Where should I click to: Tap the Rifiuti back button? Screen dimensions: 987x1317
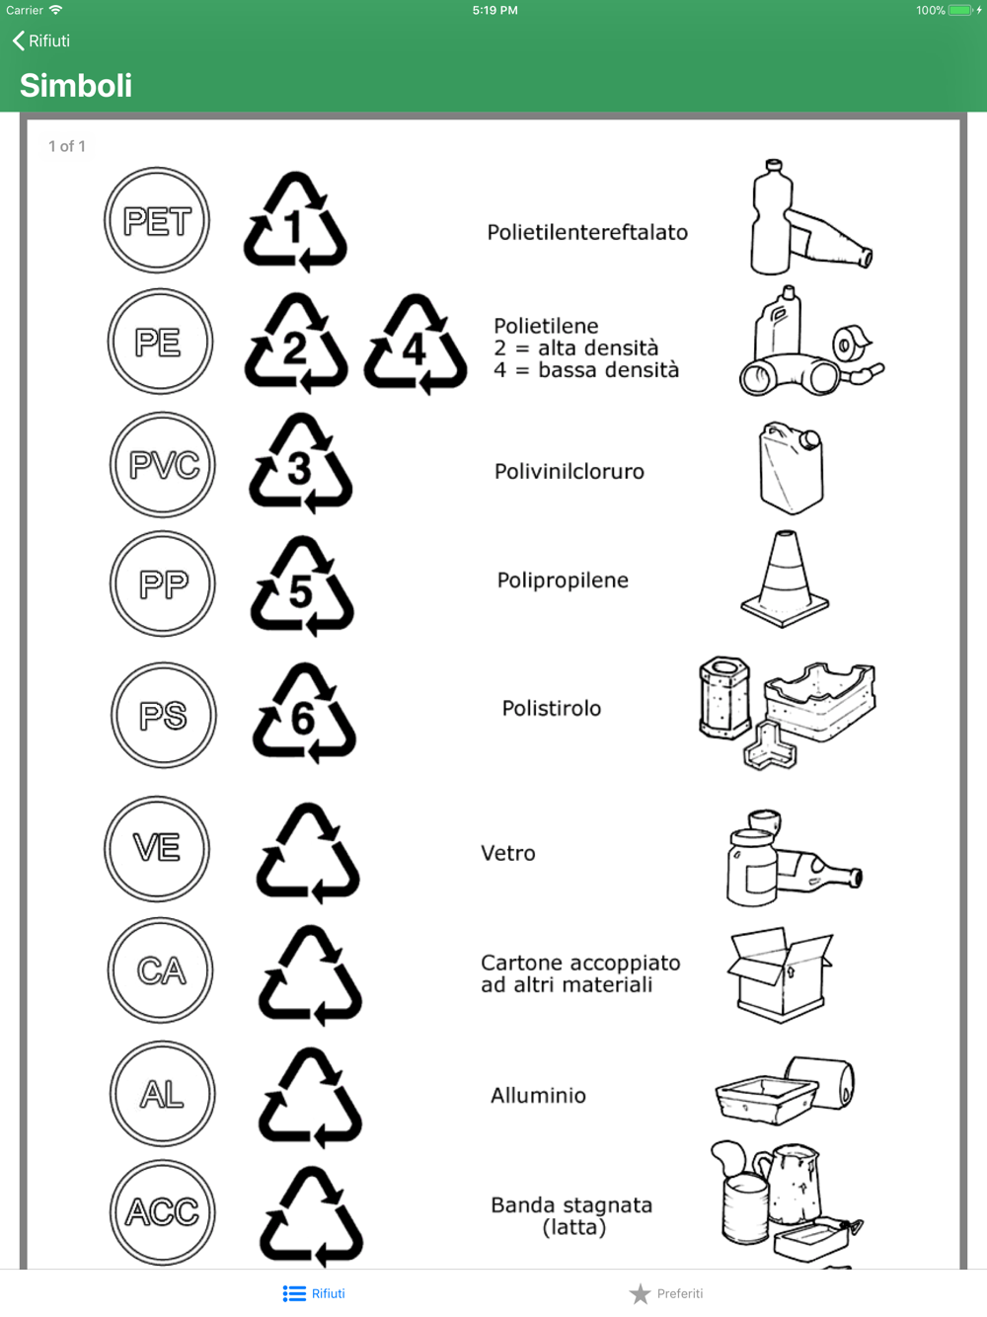point(40,40)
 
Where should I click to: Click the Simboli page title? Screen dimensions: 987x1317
point(76,85)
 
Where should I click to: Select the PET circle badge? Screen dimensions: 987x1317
point(157,220)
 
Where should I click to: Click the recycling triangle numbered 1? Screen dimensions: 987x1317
point(295,222)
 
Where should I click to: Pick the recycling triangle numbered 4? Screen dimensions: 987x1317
point(415,345)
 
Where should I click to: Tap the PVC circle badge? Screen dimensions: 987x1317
point(163,464)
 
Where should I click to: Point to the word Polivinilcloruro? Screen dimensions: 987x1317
point(569,472)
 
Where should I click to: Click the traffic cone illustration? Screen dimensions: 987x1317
point(785,579)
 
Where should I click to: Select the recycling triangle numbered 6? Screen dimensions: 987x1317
point(304,714)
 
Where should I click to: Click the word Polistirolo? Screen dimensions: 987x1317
point(552,708)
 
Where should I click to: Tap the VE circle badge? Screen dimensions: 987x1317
point(157,849)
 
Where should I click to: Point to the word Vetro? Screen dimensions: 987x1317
point(508,853)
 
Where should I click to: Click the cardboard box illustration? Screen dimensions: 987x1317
point(780,974)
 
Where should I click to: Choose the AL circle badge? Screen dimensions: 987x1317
point(163,1093)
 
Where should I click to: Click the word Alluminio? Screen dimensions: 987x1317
point(539,1096)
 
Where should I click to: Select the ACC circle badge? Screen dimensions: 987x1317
point(163,1212)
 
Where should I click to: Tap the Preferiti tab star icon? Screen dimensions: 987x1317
point(641,1293)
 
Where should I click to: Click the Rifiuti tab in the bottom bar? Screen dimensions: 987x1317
point(314,1293)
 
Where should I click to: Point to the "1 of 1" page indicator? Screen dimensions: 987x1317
point(66,146)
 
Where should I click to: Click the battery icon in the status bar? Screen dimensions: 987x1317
point(960,10)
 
